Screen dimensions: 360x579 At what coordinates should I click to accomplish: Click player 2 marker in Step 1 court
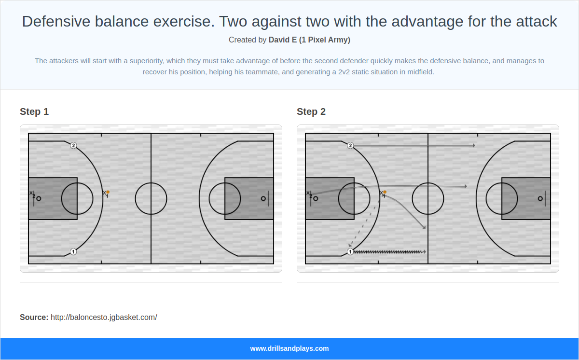(x=73, y=145)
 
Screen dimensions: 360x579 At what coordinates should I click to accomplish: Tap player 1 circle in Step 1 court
(x=73, y=251)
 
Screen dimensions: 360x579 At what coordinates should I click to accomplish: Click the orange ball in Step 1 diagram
(x=108, y=192)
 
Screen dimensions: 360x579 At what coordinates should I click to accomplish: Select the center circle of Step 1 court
(x=151, y=198)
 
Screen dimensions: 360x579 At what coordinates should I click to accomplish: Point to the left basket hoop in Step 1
(x=39, y=198)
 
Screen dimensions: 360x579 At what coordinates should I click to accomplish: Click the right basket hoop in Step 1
(x=263, y=198)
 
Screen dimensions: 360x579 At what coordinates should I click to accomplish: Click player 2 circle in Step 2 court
(x=350, y=145)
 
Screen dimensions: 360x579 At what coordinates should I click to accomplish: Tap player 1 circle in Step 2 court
(x=350, y=251)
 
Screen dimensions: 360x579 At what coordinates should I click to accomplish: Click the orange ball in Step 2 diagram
(x=385, y=192)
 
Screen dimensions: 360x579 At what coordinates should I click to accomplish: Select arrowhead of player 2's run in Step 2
(x=473, y=145)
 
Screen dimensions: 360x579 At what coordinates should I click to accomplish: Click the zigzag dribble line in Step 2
(x=388, y=251)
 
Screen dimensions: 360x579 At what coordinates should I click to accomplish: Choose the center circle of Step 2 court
(x=428, y=198)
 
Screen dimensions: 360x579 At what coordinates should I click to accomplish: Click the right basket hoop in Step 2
(x=540, y=198)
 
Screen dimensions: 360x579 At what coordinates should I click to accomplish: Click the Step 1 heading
(x=34, y=111)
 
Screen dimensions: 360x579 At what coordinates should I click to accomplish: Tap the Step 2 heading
(x=311, y=111)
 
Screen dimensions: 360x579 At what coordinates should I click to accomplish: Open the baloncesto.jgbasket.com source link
(x=104, y=317)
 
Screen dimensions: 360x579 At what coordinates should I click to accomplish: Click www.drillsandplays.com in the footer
(x=289, y=348)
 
